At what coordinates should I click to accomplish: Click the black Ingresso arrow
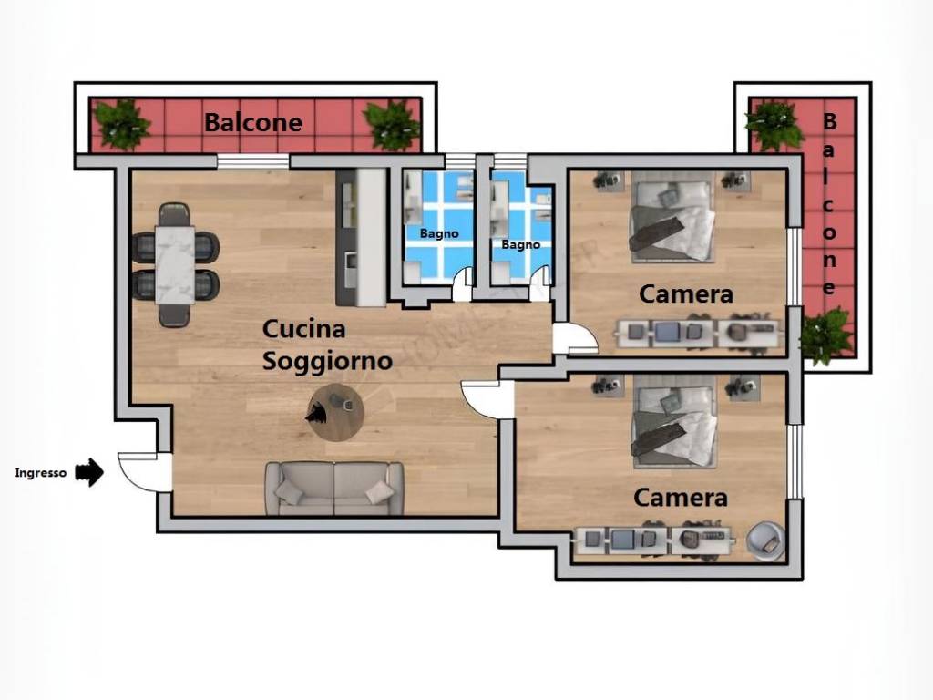89,472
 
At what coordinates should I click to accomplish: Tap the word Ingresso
41,473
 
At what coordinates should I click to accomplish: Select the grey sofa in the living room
334,488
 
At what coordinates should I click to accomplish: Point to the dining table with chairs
175,263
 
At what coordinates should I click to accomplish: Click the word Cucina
303,328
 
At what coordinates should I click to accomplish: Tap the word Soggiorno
327,361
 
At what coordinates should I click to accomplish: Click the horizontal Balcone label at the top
252,122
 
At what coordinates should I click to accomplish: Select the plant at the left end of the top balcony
122,124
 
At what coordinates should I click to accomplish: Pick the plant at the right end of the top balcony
392,125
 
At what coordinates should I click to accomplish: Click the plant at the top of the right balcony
774,125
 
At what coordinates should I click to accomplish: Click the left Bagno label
439,233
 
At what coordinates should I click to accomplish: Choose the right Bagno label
521,244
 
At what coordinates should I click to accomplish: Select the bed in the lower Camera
673,420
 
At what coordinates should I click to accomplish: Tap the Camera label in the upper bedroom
686,293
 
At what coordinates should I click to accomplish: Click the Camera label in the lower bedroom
681,498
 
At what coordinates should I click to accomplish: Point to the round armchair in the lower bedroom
765,540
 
